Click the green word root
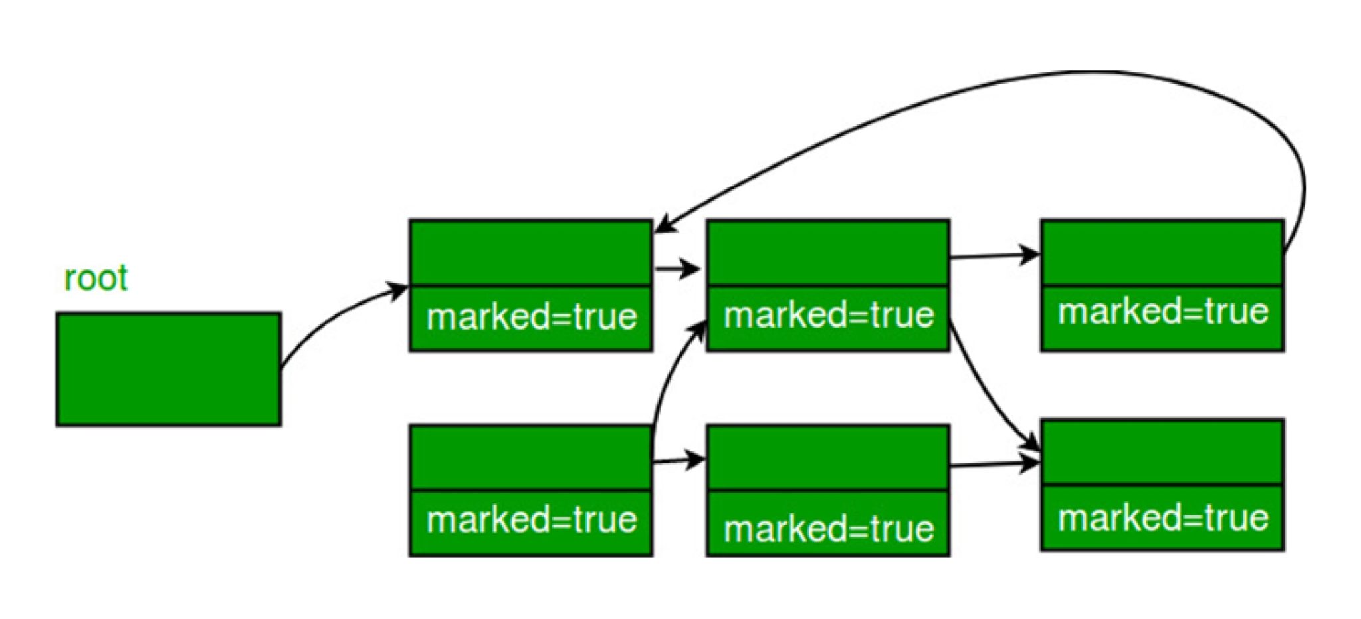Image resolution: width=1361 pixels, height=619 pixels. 96,278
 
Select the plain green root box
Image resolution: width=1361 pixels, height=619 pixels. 169,369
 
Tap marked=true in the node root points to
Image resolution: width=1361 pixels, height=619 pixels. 531,317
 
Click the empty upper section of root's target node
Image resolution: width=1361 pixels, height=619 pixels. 531,253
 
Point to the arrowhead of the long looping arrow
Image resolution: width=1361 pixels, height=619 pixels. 662,226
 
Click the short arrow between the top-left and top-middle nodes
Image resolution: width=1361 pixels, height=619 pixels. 676,269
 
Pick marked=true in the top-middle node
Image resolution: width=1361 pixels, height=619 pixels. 828,315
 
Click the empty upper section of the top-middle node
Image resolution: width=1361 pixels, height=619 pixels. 828,253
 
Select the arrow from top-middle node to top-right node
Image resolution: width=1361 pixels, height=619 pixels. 994,255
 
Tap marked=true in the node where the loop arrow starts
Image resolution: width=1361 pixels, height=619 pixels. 1163,312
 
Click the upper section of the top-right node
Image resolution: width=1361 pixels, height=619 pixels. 1163,253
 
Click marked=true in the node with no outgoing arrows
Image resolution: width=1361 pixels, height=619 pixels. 1163,518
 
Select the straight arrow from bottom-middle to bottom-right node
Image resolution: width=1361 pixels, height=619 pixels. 994,465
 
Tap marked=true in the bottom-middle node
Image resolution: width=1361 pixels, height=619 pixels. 828,529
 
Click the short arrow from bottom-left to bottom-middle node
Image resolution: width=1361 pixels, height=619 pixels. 678,460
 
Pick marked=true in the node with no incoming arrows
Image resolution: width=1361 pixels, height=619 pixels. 531,520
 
